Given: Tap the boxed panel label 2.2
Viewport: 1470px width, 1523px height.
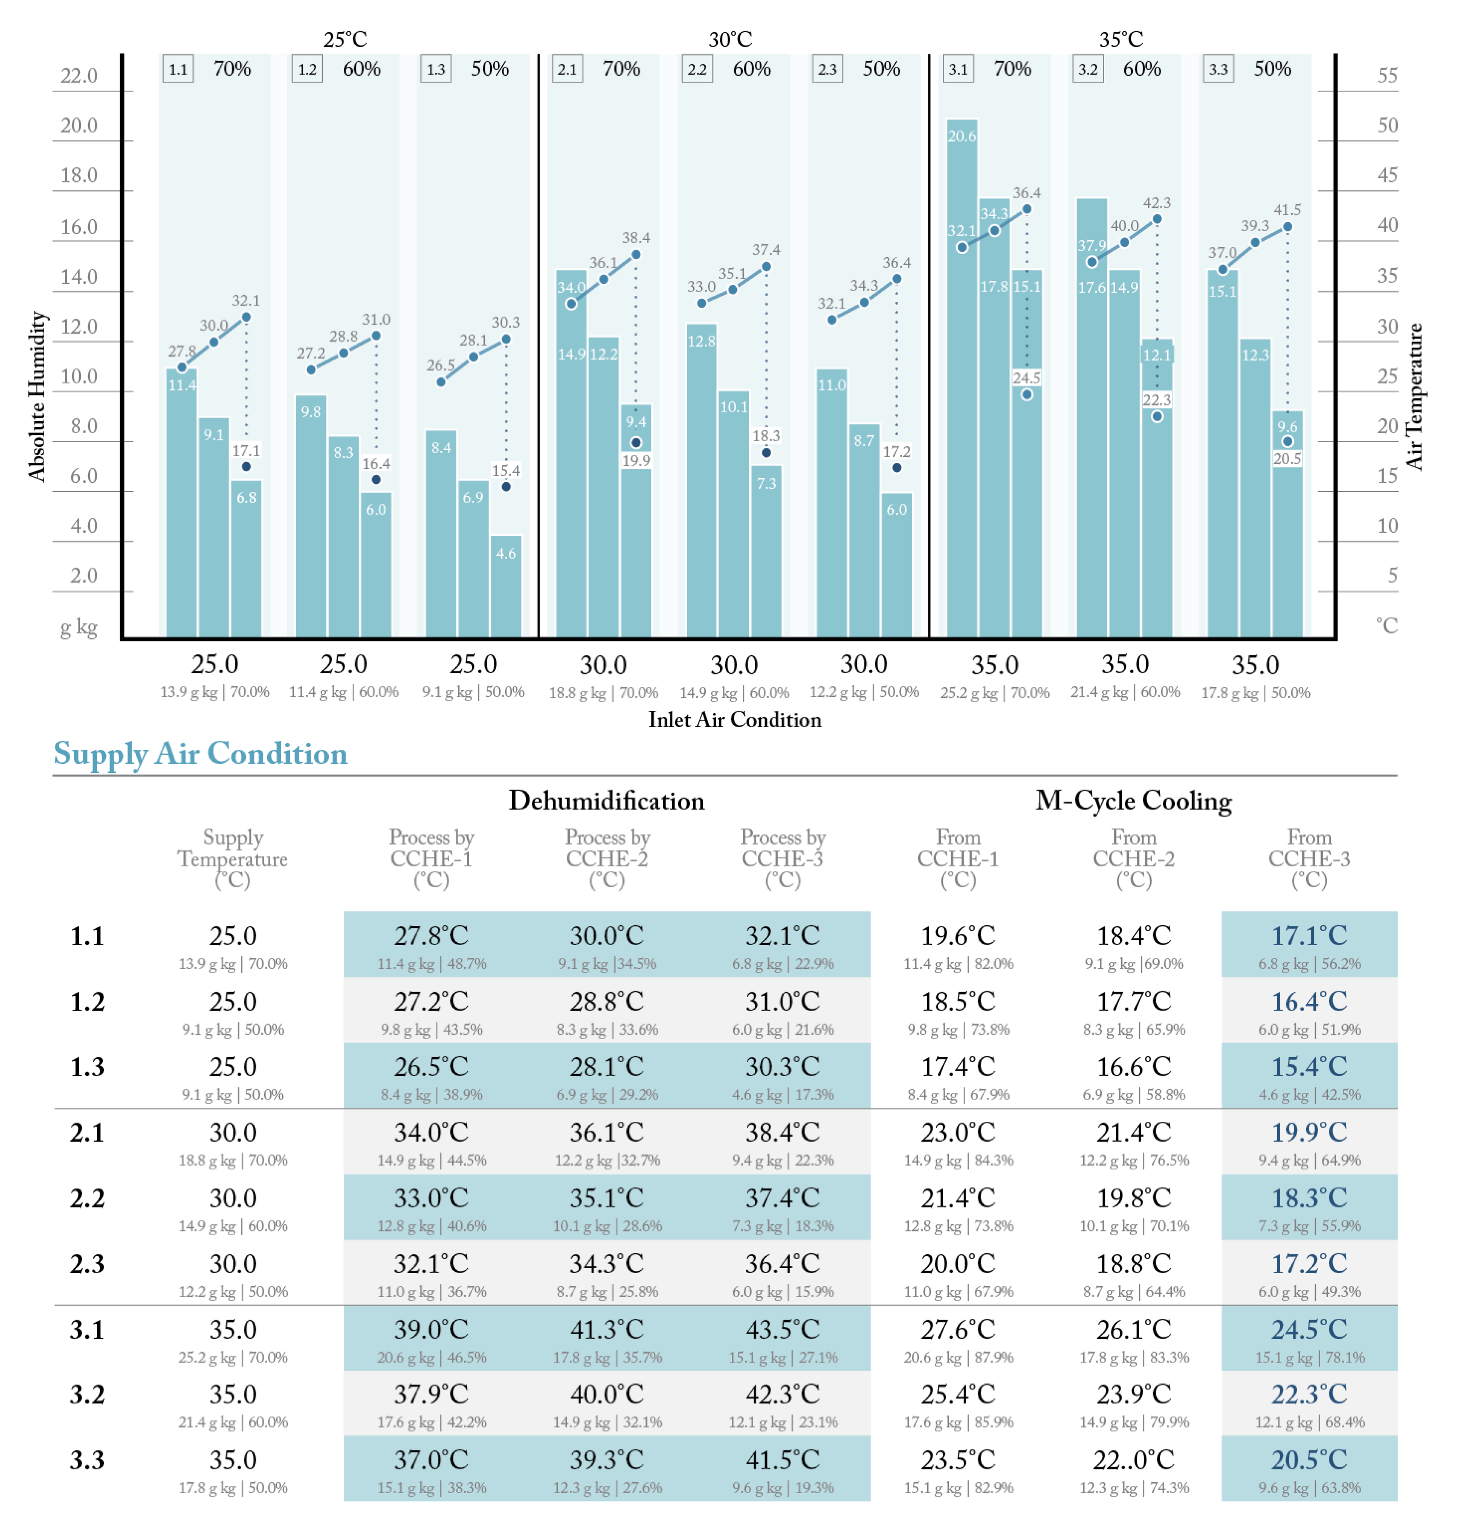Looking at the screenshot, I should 697,69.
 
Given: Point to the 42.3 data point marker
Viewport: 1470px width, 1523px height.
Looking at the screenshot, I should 1157,219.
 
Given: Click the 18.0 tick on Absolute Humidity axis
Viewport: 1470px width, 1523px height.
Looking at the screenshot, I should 79,176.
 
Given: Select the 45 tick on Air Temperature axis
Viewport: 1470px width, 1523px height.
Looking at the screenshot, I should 1387,176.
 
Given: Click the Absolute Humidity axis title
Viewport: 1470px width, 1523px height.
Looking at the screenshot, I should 37,396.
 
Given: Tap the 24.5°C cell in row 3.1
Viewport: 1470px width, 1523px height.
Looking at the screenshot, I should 1309,1329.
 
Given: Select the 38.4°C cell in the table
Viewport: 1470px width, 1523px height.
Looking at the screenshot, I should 782,1133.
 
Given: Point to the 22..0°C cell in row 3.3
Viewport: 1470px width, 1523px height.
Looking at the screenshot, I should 1133,1460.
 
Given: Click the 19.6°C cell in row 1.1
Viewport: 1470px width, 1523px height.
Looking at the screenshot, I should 958,936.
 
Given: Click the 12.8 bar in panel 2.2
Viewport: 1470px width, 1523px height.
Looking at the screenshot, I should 702,482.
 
